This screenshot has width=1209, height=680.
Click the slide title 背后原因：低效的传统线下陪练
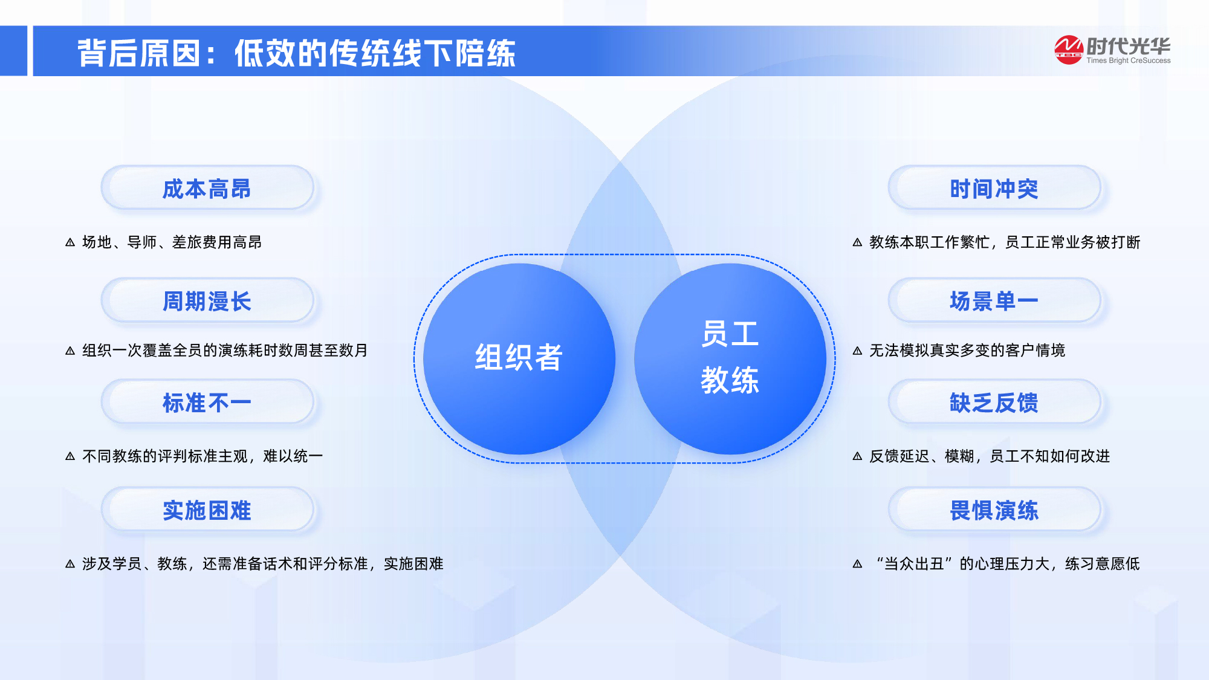coord(296,53)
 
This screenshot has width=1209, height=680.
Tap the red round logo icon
coord(1068,50)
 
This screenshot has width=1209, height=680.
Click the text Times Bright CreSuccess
coord(1128,60)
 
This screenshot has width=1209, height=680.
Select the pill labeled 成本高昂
coord(207,189)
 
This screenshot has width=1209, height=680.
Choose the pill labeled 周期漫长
coord(207,301)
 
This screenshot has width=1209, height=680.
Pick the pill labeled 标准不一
coord(207,403)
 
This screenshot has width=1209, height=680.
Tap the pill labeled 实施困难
coord(207,510)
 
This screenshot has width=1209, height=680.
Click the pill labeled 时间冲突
coord(994,189)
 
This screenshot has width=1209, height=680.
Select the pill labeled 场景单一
coord(994,301)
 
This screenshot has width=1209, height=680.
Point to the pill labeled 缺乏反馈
coord(994,403)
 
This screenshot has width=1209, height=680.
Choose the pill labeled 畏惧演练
coord(994,510)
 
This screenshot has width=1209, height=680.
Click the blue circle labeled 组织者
coord(519,358)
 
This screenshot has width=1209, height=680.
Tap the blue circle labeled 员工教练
coord(730,358)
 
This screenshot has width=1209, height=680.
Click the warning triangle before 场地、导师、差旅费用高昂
coord(70,242)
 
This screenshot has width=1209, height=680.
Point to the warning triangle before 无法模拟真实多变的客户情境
coord(857,351)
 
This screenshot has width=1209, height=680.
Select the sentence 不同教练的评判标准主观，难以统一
coord(203,456)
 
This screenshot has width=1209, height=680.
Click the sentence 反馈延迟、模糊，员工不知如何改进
coord(990,456)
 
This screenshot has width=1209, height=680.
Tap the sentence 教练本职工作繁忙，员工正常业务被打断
coord(1005,242)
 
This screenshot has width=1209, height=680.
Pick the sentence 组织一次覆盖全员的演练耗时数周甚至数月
coord(225,351)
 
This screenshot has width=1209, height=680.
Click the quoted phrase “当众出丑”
coord(914,564)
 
